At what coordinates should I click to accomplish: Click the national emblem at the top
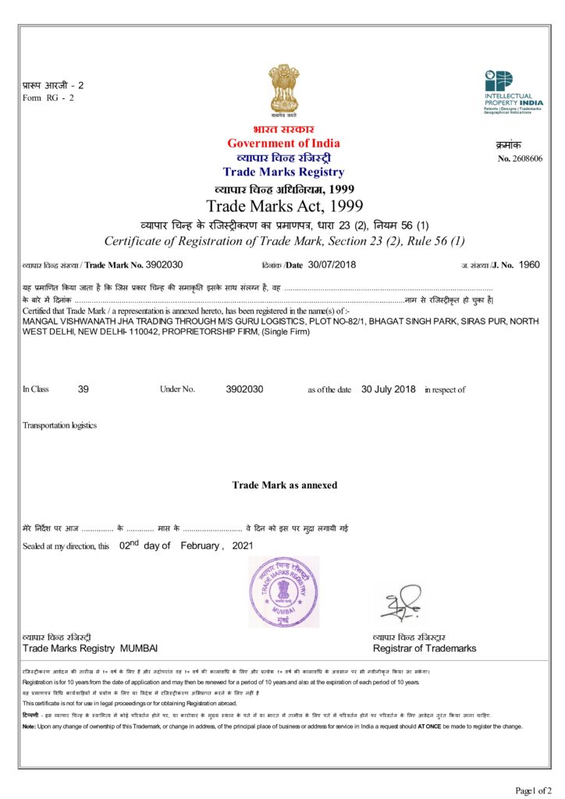coord(283,91)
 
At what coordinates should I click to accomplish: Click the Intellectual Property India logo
coord(513,93)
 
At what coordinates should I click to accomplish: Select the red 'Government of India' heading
coord(283,144)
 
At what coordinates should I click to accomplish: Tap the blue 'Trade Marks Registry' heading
coord(283,172)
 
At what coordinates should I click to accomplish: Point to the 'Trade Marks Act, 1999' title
coord(284,206)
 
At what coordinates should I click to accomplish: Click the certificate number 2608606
coord(527,158)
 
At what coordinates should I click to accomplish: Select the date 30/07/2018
coord(332,265)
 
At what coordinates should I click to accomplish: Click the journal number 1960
coord(529,265)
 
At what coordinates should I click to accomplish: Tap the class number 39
coord(84,389)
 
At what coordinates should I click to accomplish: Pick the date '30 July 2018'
coord(389,389)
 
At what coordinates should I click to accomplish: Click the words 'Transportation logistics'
coord(60,425)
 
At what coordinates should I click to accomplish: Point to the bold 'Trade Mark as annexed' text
coord(285,485)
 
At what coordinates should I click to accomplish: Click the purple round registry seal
coord(283,591)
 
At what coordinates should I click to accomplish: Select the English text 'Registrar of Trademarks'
coord(425,648)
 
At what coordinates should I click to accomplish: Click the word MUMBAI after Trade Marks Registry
coord(139,648)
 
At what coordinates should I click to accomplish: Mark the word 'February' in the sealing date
coord(200,545)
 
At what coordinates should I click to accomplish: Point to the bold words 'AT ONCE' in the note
coord(429,726)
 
